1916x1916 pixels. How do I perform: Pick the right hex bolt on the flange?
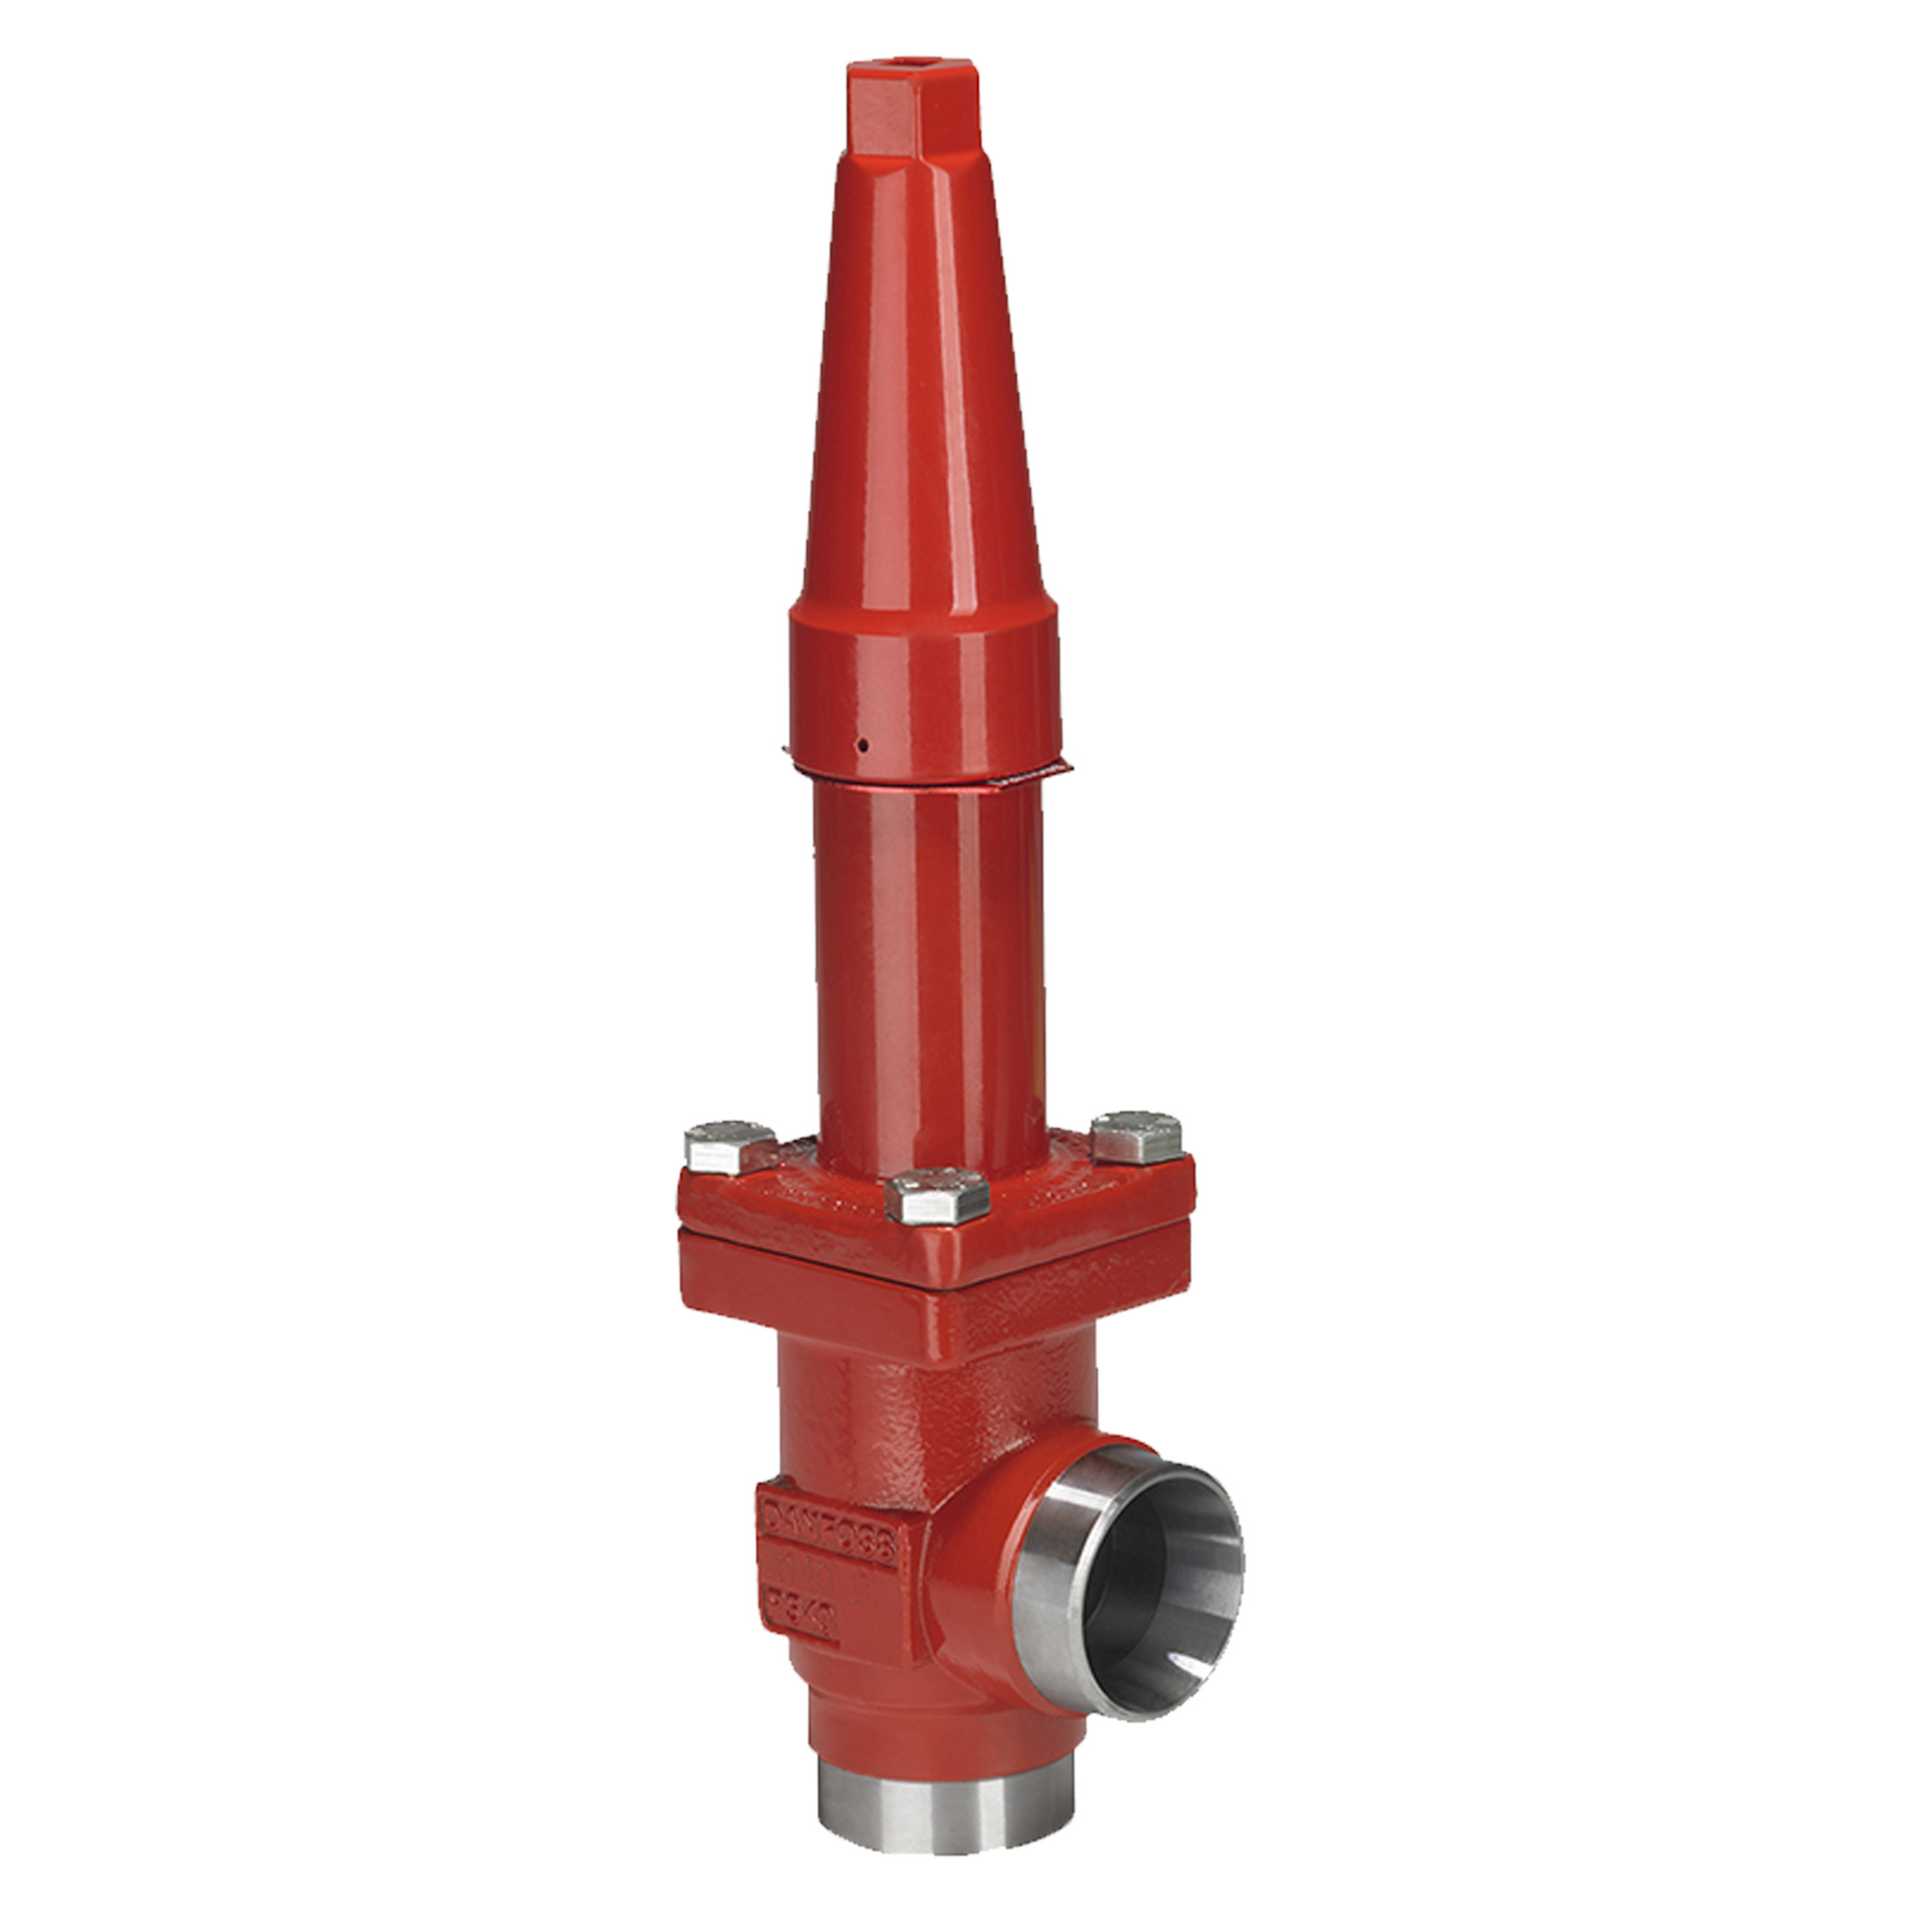tap(1137, 1137)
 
